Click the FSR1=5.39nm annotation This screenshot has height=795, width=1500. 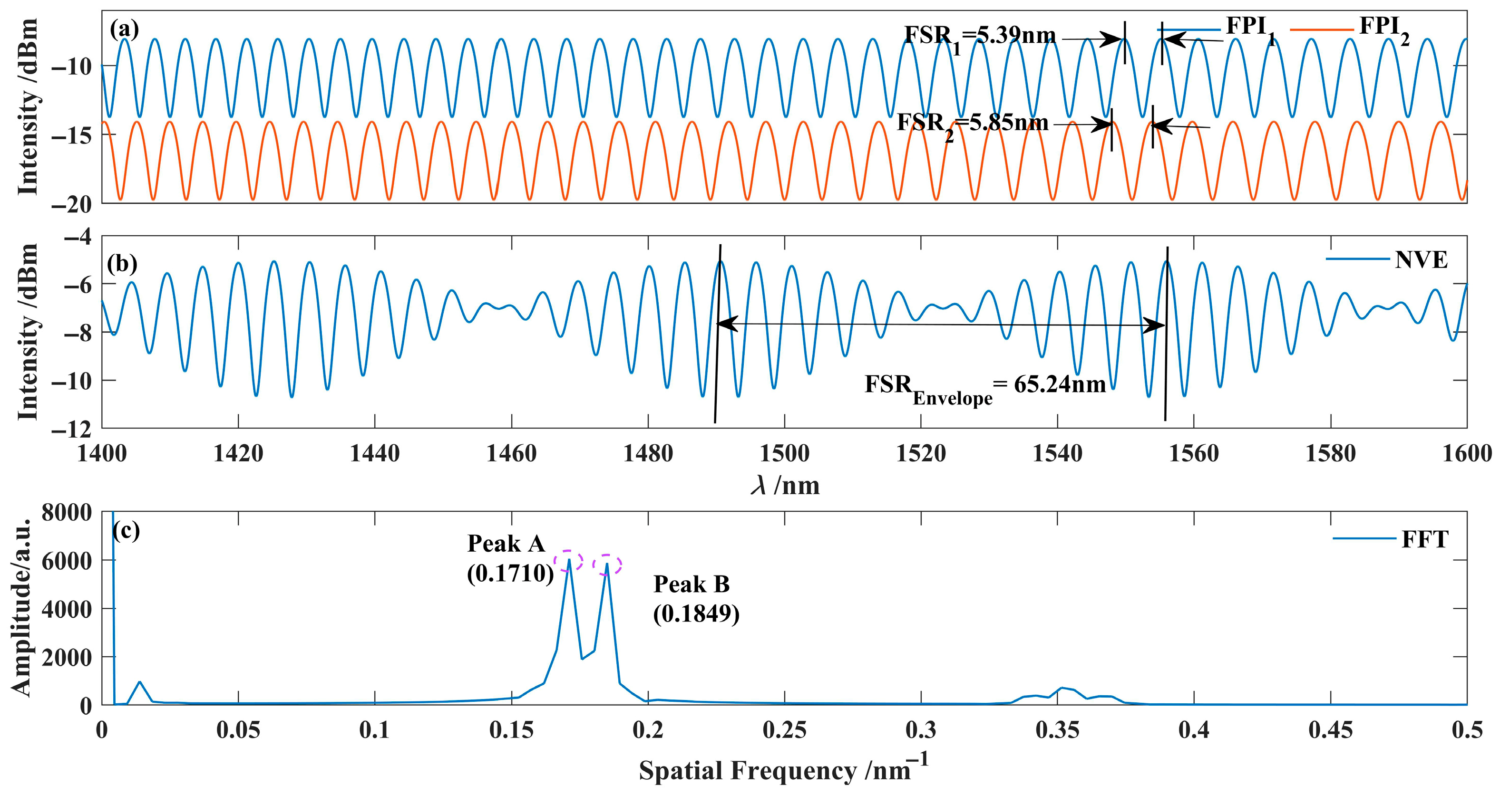[979, 37]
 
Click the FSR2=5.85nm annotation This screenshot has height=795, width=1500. [973, 124]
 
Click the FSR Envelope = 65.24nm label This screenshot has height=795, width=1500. [984, 386]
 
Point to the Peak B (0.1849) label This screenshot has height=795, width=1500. [695, 599]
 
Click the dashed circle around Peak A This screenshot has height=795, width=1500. [568, 560]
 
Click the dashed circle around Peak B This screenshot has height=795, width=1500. [607, 565]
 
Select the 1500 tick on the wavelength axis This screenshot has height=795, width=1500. [784, 453]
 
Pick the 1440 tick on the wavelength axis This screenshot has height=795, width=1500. [374, 453]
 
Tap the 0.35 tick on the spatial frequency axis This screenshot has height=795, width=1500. [1057, 730]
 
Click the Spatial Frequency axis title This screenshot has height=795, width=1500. [783, 769]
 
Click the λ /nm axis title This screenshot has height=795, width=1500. [784, 485]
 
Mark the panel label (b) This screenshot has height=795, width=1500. [122, 264]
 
